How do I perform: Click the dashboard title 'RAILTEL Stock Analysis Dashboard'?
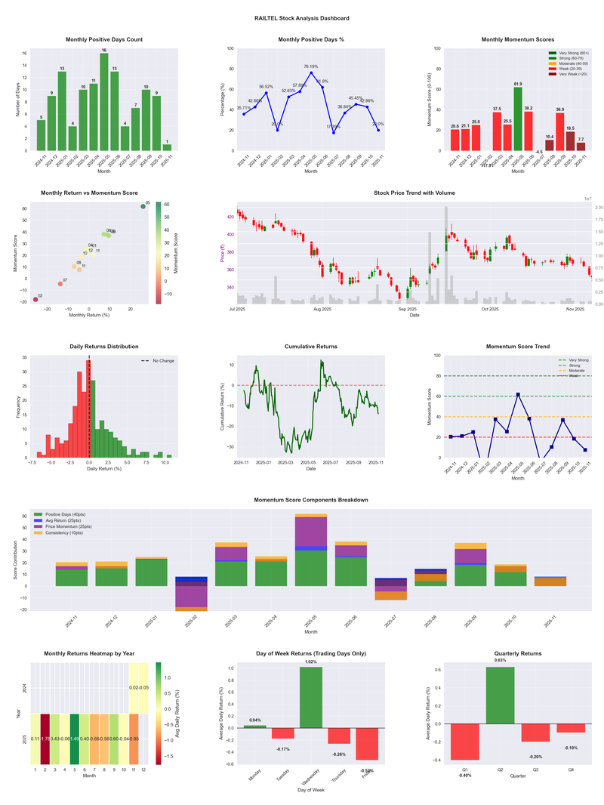pos(301,18)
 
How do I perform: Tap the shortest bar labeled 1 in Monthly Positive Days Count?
pos(167,147)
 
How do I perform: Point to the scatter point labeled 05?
pos(143,206)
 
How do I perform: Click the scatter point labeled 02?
pos(35,300)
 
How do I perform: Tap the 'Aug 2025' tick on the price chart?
pos(322,309)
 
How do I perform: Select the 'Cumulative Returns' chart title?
pos(311,347)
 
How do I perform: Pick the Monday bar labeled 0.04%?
pos(254,726)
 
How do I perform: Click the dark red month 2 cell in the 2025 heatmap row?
pos(45,739)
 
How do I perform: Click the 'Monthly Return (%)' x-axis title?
pos(88,315)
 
